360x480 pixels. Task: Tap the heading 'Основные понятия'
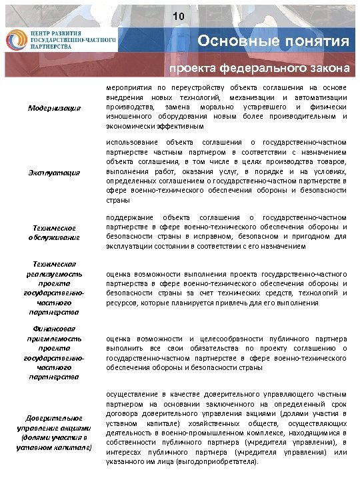click(273, 42)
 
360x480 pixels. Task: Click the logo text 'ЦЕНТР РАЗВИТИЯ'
click(56, 32)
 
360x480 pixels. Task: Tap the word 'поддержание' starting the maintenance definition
click(129, 217)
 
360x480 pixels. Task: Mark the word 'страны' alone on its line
click(117, 200)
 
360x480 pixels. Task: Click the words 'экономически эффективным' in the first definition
click(149, 125)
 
